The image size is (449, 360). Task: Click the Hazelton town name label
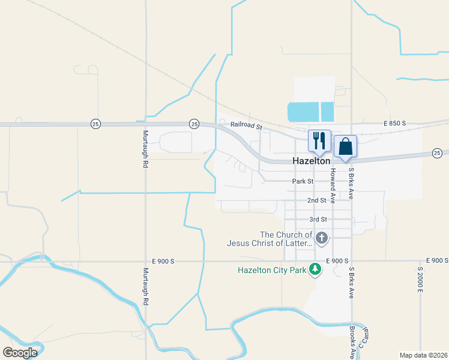[311, 161]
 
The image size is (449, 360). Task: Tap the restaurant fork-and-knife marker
[319, 140]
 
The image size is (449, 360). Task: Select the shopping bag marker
[346, 146]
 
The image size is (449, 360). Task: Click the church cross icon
[322, 238]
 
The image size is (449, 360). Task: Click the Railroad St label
[247, 127]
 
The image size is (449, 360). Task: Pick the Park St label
[303, 181]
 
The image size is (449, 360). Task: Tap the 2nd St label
[316, 200]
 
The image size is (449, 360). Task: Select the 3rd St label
[318, 220]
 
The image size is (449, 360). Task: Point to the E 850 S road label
[395, 123]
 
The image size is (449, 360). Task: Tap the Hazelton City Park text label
[271, 271]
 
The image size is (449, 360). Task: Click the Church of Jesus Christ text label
[270, 239]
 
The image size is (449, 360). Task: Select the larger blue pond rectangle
[303, 112]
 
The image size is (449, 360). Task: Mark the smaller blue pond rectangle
[327, 112]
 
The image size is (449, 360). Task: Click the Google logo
[20, 352]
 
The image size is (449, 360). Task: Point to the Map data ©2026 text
[423, 355]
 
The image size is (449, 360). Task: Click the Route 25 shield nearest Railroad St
[194, 123]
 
